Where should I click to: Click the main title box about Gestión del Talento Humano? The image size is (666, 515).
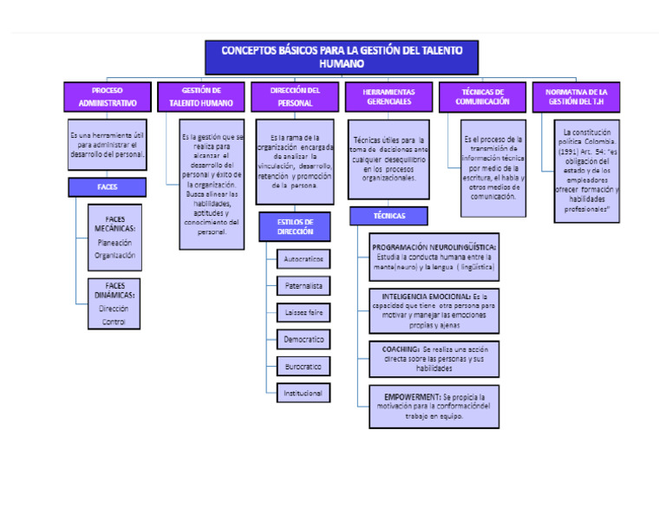click(341, 57)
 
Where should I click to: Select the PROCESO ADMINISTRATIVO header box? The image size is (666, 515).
click(107, 96)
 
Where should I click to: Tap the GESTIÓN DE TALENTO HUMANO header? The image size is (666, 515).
click(200, 96)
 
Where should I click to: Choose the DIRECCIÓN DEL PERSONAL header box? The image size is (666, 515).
click(294, 96)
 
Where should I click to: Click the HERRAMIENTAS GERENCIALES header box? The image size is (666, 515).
click(388, 96)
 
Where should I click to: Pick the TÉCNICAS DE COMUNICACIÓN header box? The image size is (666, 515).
click(482, 96)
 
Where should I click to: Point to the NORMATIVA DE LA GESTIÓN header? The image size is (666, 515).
click(576, 96)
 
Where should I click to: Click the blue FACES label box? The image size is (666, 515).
click(107, 186)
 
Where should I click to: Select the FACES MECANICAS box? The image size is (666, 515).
click(114, 237)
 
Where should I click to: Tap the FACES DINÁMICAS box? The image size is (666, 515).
click(114, 303)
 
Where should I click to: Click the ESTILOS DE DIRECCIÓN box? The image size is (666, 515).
click(294, 227)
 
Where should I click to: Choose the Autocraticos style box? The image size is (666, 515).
click(304, 258)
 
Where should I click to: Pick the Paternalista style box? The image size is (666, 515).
click(304, 284)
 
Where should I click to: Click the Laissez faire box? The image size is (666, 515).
click(304, 311)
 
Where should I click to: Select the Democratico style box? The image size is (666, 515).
click(304, 339)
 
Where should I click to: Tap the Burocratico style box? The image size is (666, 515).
click(304, 367)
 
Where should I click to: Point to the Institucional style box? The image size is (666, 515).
click(304, 394)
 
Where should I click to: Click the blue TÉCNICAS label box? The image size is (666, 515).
click(388, 215)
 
